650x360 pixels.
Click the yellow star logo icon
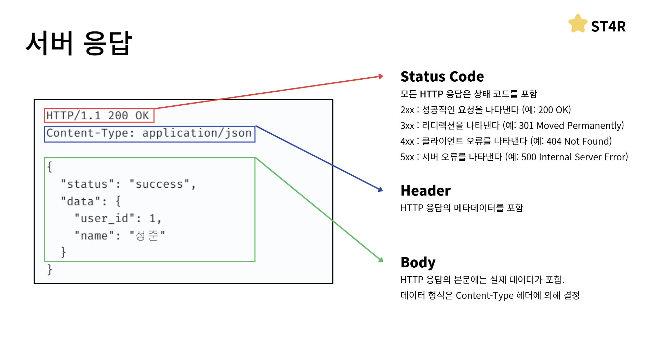(x=578, y=24)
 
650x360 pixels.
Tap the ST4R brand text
(x=608, y=27)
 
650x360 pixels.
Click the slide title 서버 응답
(x=79, y=43)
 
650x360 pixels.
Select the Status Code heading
(x=442, y=77)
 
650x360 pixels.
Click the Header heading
(x=425, y=191)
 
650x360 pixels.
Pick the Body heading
(x=418, y=263)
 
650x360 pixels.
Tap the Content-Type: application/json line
(x=149, y=133)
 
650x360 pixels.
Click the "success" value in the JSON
(x=159, y=184)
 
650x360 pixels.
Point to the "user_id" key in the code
(x=105, y=218)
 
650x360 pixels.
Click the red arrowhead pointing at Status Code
(x=380, y=76)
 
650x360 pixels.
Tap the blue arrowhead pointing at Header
(x=380, y=189)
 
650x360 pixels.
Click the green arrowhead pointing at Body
(x=381, y=260)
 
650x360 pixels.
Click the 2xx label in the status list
(x=407, y=110)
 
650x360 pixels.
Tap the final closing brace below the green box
(x=50, y=269)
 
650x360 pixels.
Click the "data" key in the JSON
(x=81, y=201)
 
